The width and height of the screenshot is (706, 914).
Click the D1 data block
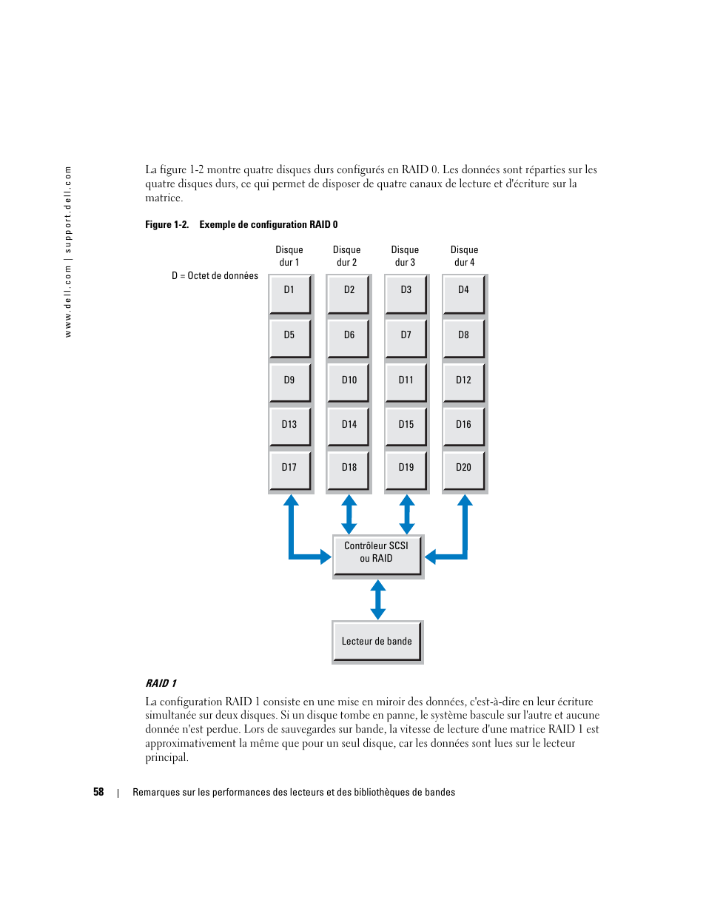click(x=289, y=294)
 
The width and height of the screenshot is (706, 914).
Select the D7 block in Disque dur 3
click(x=406, y=338)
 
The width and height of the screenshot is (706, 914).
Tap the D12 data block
click(x=463, y=383)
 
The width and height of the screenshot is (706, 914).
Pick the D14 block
click(x=349, y=427)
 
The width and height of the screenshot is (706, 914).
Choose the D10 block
click(x=349, y=383)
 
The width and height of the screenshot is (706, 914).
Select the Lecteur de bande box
click(x=377, y=642)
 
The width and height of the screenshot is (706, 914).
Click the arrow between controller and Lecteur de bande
click(x=378, y=599)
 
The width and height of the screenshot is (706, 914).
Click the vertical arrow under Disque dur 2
click(x=349, y=514)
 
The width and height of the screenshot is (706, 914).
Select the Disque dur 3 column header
click(x=405, y=256)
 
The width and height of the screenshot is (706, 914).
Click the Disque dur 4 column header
click(x=464, y=256)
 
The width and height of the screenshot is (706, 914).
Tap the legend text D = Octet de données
click(x=215, y=276)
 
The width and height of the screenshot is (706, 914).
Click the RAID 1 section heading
click(x=161, y=683)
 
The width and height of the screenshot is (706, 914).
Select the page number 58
click(x=98, y=792)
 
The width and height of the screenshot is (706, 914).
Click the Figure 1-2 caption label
click(x=241, y=224)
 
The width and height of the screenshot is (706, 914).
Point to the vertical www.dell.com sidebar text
click(x=68, y=252)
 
